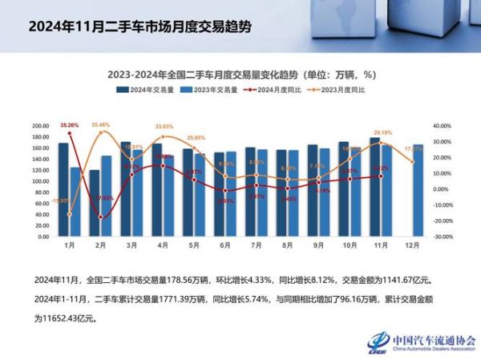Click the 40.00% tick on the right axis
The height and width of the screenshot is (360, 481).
443,126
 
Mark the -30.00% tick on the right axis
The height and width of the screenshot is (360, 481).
443,237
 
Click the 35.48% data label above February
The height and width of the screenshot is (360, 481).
101,125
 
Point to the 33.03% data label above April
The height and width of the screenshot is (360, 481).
164,127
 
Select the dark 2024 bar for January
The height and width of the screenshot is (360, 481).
63,190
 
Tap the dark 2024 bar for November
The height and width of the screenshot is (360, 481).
375,188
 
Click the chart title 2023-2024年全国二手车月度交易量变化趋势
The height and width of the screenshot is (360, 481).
241,74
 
